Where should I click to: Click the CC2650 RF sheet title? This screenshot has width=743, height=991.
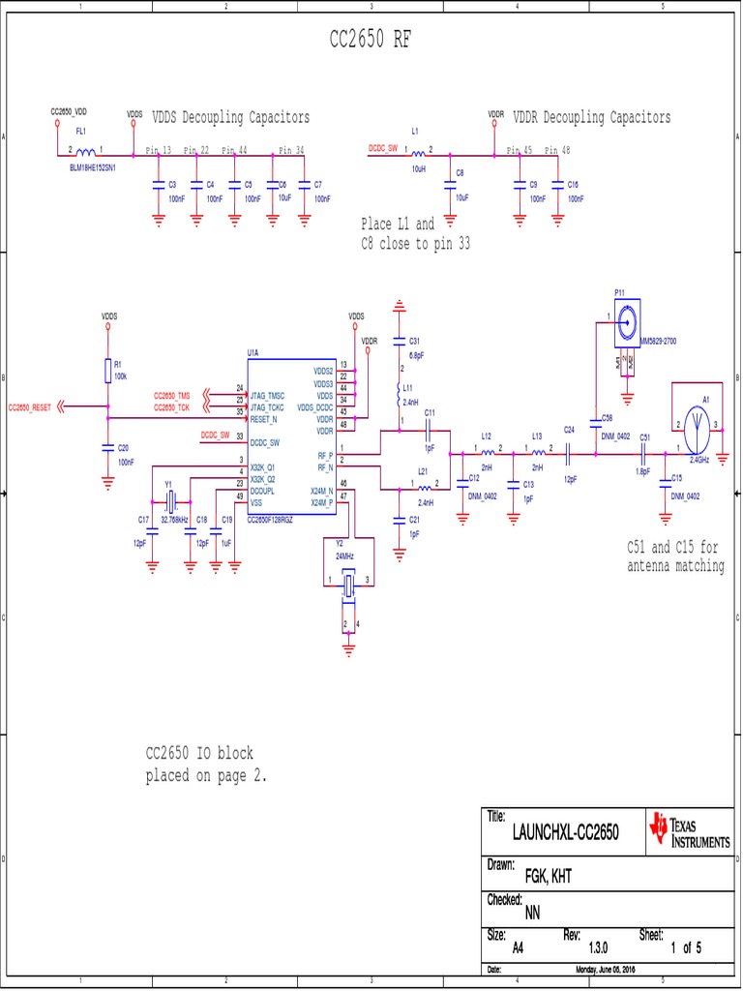tap(371, 40)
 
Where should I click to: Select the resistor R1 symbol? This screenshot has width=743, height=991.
tap(107, 370)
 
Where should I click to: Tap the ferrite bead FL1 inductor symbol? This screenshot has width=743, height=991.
tap(86, 153)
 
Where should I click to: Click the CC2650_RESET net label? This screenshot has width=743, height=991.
tap(29, 407)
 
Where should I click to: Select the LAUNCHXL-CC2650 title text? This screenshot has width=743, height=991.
tap(565, 832)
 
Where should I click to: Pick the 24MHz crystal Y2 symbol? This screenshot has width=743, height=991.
tap(346, 584)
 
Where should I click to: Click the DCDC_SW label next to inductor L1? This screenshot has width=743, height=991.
tap(383, 149)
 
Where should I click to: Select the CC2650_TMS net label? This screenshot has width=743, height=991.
tap(171, 397)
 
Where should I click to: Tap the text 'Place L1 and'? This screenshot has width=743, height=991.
tap(398, 224)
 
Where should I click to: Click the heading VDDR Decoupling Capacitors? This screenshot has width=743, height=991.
tap(591, 117)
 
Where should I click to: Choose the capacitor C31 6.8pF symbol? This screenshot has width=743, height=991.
tap(398, 341)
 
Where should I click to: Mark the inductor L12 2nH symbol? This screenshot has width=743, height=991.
tap(488, 451)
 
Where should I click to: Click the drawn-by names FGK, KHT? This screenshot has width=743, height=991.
tap(548, 876)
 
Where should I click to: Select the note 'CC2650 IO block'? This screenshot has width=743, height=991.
tap(199, 753)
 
